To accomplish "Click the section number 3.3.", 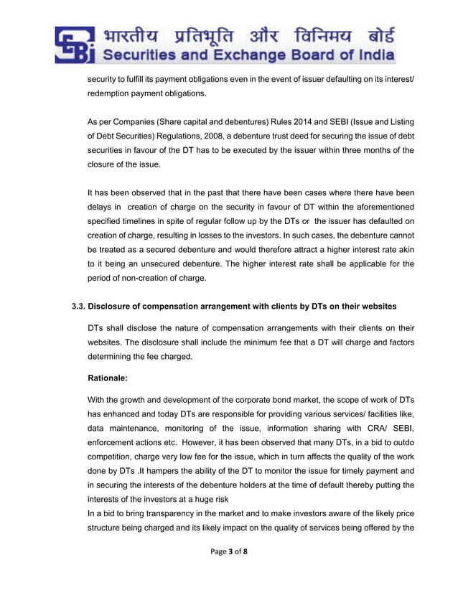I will click(78, 306).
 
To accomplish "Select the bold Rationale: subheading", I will click(110, 377).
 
